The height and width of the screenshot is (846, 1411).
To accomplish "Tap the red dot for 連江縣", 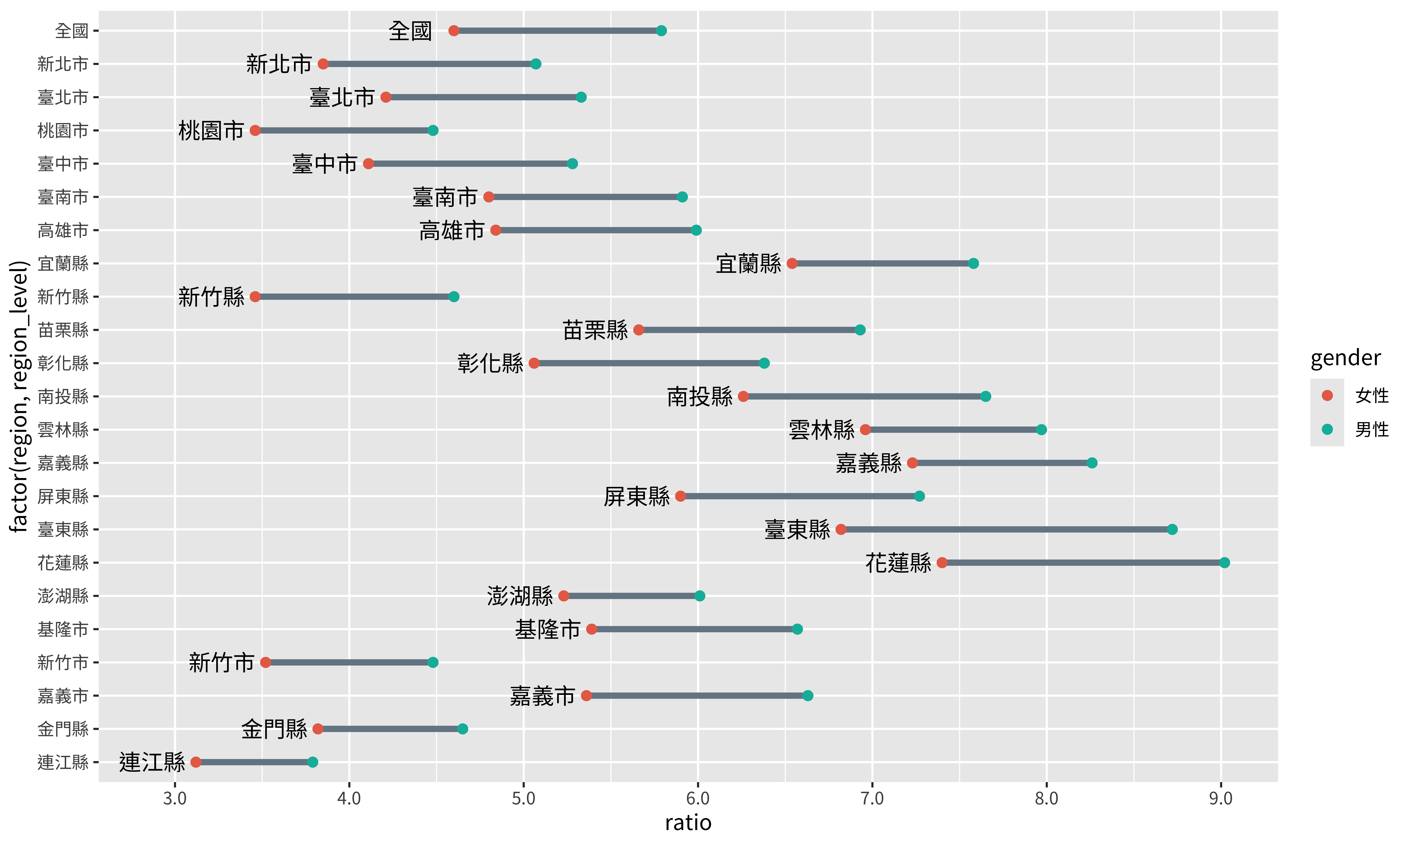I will [x=196, y=762].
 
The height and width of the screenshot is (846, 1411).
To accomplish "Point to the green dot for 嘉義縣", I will [x=1092, y=463].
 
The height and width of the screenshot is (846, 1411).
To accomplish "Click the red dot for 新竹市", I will [x=265, y=662].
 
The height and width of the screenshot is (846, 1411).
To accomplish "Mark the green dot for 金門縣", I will [x=463, y=729].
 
